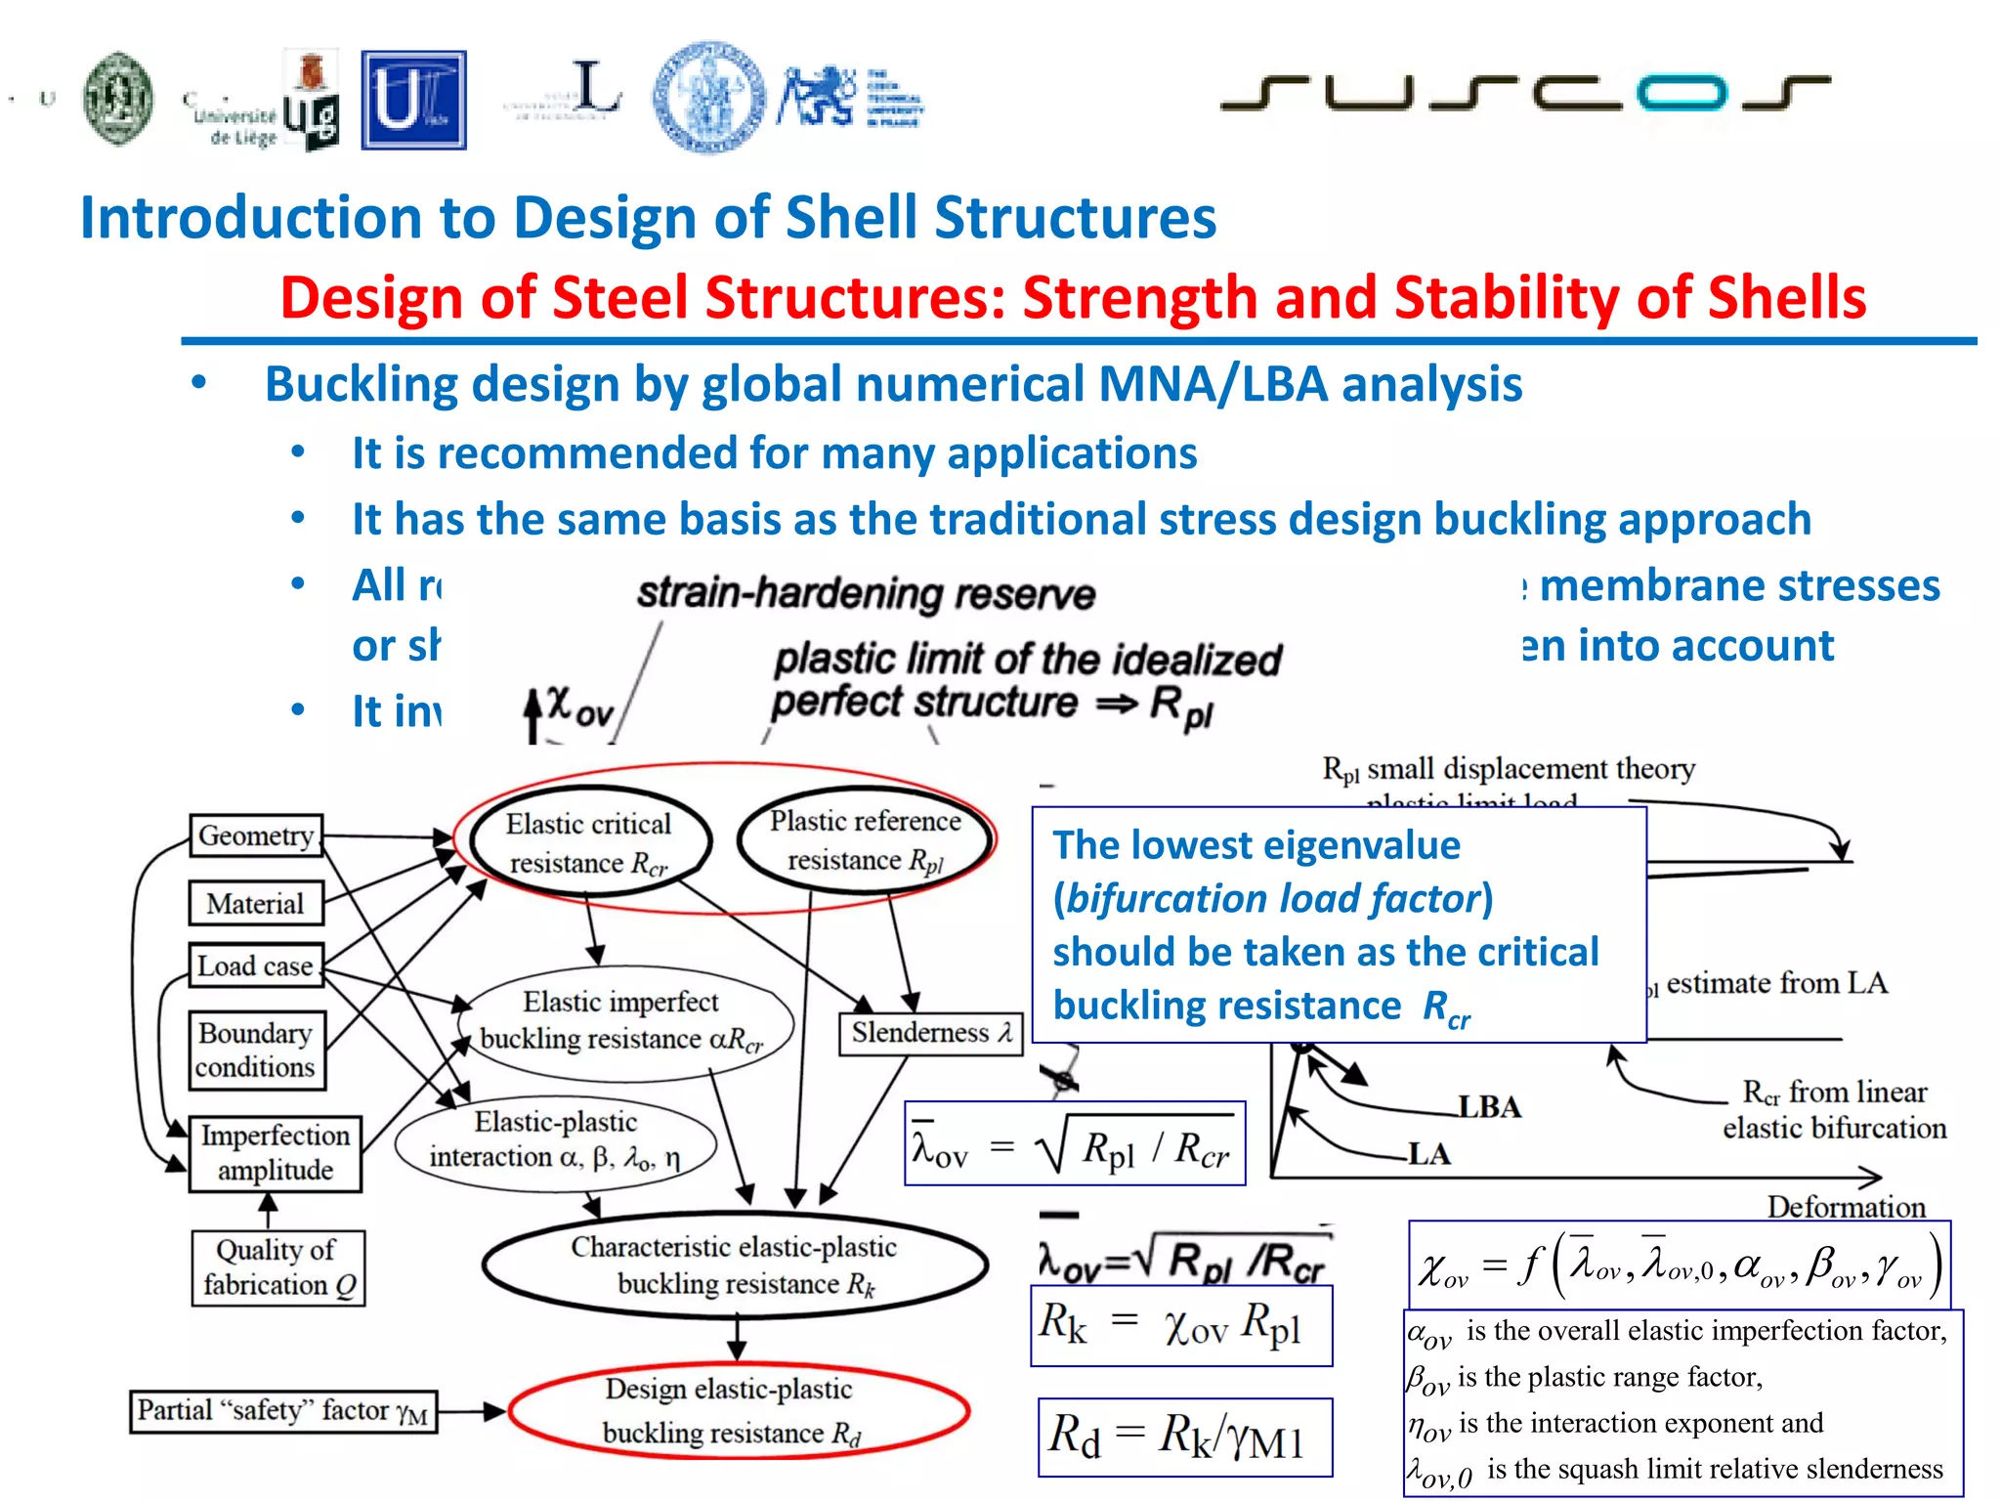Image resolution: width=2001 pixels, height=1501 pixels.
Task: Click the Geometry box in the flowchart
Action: click(256, 836)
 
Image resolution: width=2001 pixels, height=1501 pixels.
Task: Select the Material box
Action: click(256, 904)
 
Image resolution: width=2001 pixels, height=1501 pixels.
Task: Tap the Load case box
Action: click(256, 965)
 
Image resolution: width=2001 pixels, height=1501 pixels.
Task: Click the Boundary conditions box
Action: click(256, 1050)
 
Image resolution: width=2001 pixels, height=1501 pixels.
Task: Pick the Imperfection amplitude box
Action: click(276, 1153)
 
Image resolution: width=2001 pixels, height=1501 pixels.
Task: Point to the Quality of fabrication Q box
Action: click(278, 1267)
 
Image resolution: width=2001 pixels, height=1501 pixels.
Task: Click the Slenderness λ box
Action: click(930, 1034)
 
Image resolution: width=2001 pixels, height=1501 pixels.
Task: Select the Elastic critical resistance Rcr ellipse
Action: click(589, 842)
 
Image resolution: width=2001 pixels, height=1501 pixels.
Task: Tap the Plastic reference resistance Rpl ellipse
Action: click(866, 840)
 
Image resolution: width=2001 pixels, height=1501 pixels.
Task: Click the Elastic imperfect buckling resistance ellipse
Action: click(622, 1021)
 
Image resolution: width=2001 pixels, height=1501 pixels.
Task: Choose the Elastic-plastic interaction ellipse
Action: click(555, 1140)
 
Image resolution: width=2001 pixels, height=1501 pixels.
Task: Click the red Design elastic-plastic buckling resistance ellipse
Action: click(738, 1411)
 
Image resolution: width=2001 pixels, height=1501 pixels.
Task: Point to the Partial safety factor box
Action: click(283, 1411)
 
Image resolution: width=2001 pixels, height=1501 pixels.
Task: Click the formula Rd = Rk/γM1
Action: click(1184, 1437)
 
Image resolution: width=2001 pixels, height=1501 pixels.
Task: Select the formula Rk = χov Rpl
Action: click(1180, 1325)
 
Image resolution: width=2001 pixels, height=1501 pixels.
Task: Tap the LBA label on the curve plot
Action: click(1490, 1106)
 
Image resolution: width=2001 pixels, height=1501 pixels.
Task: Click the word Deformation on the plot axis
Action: click(1846, 1207)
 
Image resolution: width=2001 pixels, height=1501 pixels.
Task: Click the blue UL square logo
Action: click(413, 101)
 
